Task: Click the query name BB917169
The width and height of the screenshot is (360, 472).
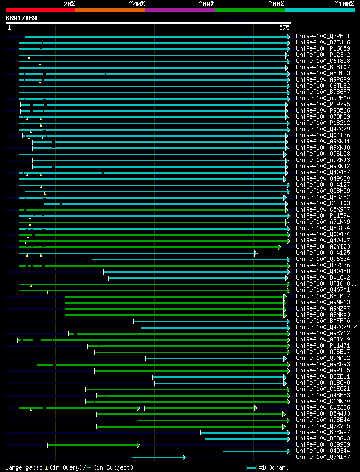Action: coord(21,18)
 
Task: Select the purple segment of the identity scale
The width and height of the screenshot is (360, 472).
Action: coord(179,10)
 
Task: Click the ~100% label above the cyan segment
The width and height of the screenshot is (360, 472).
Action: coord(344,3)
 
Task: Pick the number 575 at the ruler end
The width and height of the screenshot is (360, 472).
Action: coord(284,27)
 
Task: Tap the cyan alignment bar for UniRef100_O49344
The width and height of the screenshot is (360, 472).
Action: coord(256,451)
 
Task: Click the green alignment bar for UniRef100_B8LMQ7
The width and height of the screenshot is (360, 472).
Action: coord(174,296)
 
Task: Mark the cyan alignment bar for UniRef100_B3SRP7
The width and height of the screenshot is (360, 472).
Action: coord(245,433)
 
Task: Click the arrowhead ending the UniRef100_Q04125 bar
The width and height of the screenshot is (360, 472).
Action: coord(256,253)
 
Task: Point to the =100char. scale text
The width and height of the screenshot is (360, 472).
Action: coord(274,467)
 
